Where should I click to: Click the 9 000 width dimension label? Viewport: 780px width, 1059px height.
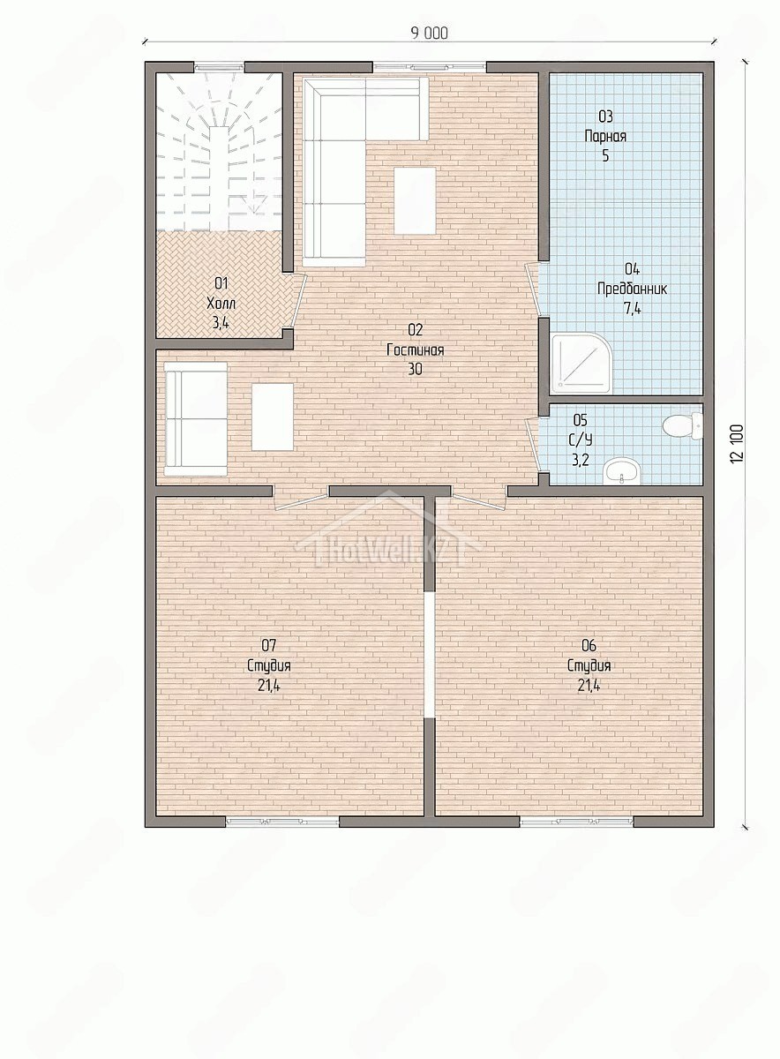(429, 34)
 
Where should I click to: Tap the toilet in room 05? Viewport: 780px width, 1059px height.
(683, 426)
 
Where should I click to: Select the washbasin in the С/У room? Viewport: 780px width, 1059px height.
(622, 471)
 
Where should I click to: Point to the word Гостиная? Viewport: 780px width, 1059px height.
(415, 350)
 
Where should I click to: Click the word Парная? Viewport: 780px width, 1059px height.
(605, 136)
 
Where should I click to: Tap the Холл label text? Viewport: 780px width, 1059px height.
(221, 303)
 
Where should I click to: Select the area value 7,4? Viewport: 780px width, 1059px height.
(632, 308)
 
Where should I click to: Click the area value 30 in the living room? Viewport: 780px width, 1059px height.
(415, 369)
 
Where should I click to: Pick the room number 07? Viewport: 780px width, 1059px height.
(268, 644)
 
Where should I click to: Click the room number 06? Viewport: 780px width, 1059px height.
(589, 644)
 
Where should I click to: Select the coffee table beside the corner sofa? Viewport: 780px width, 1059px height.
(415, 200)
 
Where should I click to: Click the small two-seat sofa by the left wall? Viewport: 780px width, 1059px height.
(196, 419)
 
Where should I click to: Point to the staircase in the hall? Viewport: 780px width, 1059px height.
(219, 151)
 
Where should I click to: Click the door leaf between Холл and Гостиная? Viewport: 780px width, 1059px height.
(300, 301)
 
